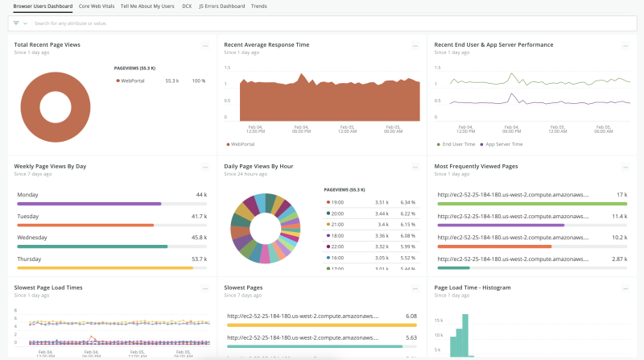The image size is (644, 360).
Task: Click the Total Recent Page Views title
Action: pos(48,45)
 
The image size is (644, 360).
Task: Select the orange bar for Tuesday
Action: pos(85,226)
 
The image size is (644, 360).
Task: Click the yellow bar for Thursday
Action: pos(105,267)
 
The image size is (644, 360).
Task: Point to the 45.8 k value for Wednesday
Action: pos(200,238)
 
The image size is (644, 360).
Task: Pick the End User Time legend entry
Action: pos(459,144)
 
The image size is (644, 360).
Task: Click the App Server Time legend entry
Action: pos(503,144)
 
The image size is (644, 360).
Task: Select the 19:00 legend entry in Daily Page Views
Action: pos(336,202)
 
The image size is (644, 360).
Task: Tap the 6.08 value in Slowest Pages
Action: pos(411,317)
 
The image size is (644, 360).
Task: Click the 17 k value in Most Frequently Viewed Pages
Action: pos(621,195)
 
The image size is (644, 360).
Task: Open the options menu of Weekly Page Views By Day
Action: pos(205,167)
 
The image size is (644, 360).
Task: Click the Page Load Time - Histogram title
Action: pos(473,287)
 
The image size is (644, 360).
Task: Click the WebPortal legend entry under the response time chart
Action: pos(242,144)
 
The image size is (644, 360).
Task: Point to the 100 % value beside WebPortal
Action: pos(198,81)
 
